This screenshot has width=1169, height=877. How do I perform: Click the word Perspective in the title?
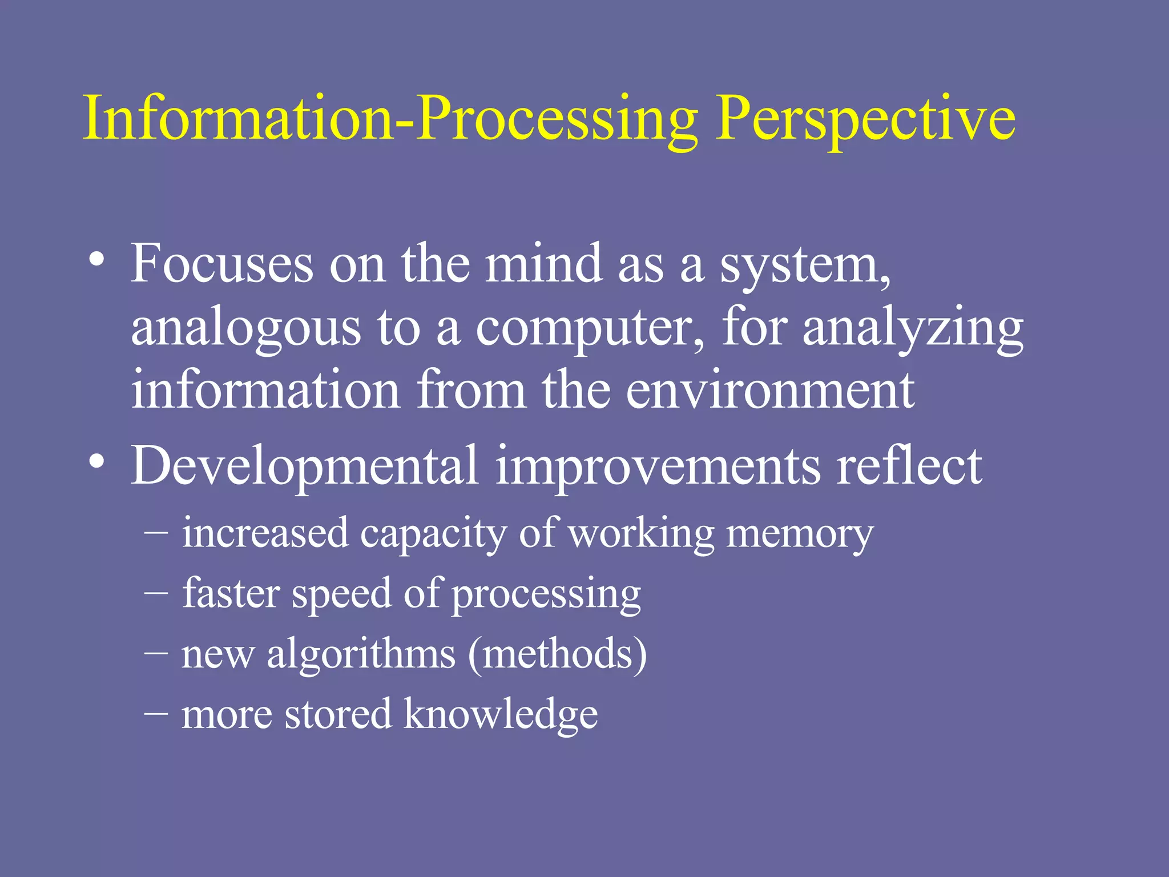point(865,120)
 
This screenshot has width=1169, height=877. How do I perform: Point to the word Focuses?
point(222,264)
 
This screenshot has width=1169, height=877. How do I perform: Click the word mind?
point(543,264)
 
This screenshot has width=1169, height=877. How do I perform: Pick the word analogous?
point(246,329)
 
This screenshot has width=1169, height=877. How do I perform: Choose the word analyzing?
point(913,329)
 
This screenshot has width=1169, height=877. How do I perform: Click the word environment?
point(771,391)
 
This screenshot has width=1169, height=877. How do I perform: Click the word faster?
point(231,593)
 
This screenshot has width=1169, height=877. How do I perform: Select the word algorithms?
point(361,654)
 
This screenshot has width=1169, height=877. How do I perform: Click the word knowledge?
point(501,715)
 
